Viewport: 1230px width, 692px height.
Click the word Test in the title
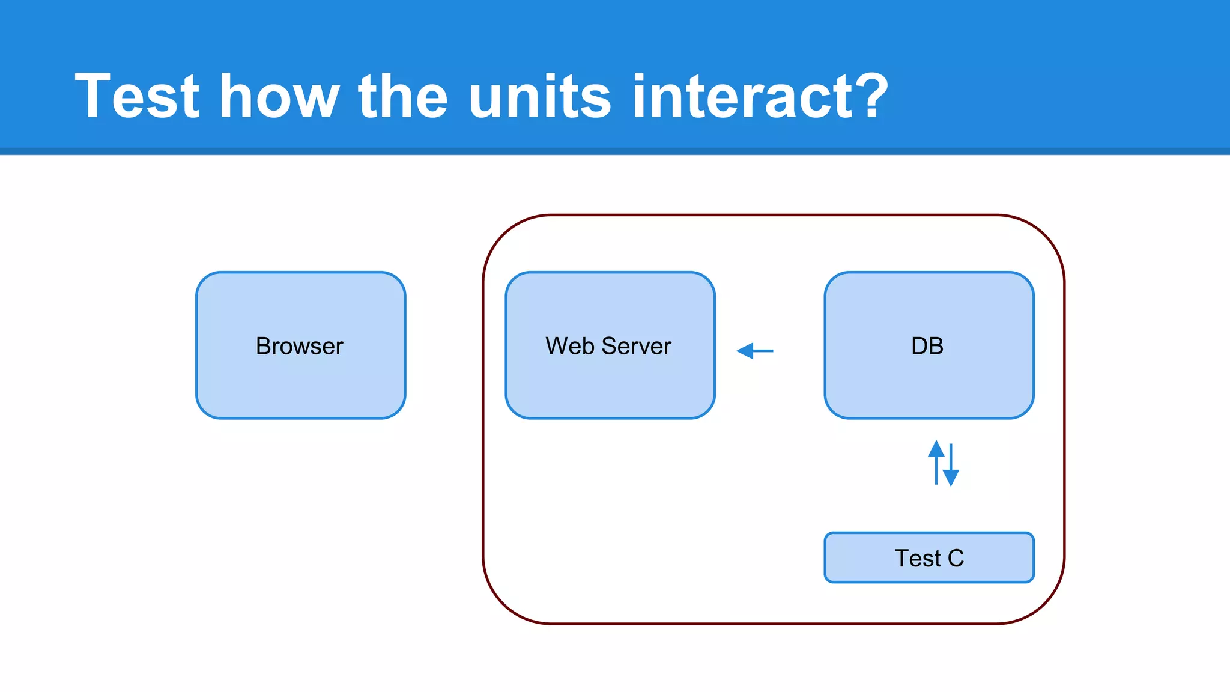pos(137,96)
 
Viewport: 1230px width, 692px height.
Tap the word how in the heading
pos(279,96)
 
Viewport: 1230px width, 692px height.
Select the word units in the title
pos(539,96)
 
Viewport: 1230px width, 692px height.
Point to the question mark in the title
pos(868,96)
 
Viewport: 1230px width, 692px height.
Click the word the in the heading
pos(402,96)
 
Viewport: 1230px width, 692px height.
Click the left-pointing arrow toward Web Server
pos(755,351)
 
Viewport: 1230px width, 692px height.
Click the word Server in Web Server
pos(636,346)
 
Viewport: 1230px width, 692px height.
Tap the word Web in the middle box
pos(570,346)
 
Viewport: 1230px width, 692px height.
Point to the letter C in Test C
pos(956,558)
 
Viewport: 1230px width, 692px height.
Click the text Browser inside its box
pos(299,346)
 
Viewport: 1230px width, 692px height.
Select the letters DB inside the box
pos(927,346)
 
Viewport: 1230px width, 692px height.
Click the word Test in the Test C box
pos(917,558)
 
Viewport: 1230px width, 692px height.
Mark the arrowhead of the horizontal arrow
pos(744,351)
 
